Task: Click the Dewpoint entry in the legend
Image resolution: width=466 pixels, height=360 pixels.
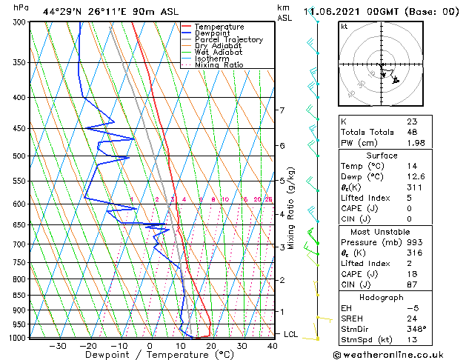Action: pyautogui.click(x=217, y=33)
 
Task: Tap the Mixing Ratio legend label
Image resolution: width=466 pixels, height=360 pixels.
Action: pyautogui.click(x=219, y=65)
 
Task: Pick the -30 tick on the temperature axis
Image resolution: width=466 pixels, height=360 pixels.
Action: pyautogui.click(x=58, y=346)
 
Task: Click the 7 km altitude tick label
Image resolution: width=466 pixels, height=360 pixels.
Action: pyautogui.click(x=282, y=110)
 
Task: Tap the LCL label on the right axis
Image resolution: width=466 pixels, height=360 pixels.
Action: pyautogui.click(x=291, y=335)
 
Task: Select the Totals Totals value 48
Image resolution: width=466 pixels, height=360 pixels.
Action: pyautogui.click(x=412, y=132)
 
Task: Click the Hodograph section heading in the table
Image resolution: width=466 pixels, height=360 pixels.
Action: pyautogui.click(x=382, y=297)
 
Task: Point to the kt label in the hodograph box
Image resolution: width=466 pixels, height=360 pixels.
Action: pyautogui.click(x=344, y=26)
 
